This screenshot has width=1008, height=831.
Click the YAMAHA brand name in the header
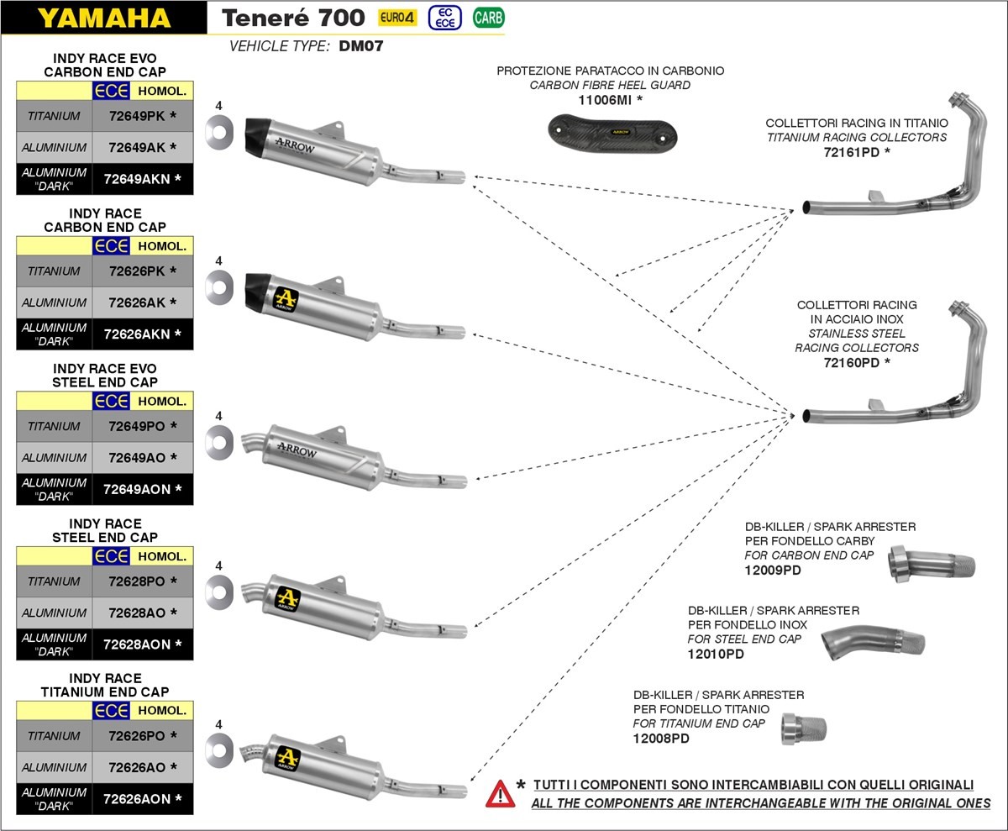(x=103, y=18)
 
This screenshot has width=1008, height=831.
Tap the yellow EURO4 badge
(x=397, y=17)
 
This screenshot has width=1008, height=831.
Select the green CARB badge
(x=488, y=17)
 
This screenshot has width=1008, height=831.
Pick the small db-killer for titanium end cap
(x=804, y=728)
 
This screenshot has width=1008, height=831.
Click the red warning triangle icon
(x=501, y=792)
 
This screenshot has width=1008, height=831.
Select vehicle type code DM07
(x=361, y=47)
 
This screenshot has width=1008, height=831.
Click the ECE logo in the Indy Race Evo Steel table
(x=111, y=401)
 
